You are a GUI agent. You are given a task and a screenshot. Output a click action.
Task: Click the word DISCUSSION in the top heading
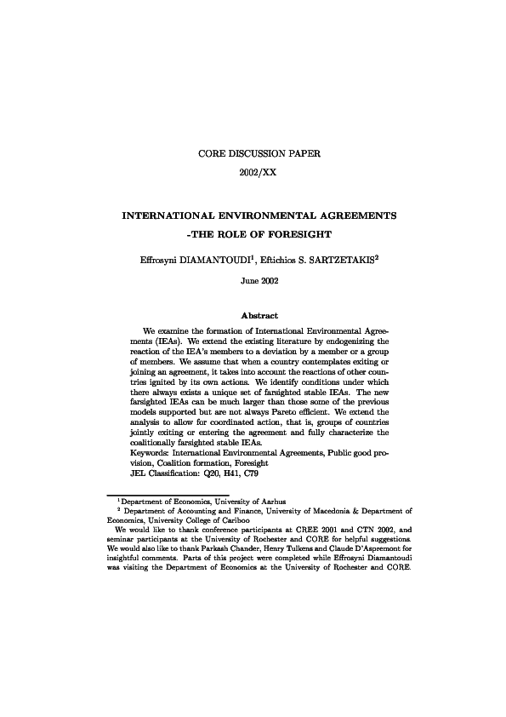point(253,155)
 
